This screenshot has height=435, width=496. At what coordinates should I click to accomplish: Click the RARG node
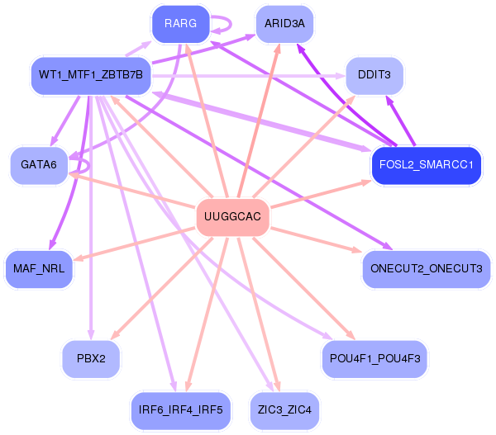coord(180,24)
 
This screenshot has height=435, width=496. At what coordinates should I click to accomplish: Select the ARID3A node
coord(284,24)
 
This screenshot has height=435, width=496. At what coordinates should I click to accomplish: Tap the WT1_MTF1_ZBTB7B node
coord(91,75)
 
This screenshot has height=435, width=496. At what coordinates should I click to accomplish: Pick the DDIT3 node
coord(374,75)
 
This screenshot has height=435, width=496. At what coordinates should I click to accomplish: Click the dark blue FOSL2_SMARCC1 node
coord(426,165)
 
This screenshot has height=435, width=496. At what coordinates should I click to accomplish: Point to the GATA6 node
coord(39,165)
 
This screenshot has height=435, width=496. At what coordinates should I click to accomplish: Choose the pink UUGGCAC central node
coord(232,217)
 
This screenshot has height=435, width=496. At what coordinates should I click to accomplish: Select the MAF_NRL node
coord(39,269)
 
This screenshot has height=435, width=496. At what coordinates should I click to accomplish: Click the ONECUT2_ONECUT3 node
coord(426,269)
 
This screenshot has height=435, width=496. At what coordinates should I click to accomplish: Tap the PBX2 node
coord(91,359)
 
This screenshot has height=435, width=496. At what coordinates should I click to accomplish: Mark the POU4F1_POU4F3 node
coord(374,359)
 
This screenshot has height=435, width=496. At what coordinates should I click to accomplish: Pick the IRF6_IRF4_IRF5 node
coord(180,410)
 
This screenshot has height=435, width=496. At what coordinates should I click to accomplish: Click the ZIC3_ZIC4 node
coord(284,410)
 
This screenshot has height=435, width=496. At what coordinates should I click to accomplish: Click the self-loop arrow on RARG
coord(231,24)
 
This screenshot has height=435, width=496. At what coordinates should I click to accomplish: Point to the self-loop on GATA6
coord(88,166)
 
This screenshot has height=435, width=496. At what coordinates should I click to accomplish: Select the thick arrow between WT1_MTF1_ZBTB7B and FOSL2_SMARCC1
coord(261,121)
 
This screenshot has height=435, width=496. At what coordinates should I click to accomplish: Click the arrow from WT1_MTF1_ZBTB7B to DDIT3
coord(248,76)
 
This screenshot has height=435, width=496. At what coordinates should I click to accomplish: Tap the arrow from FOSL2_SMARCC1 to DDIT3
coord(400,121)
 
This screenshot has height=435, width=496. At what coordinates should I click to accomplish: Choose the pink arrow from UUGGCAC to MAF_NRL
coord(134,244)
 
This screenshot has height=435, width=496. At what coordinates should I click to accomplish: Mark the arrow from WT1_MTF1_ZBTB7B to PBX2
coord(91,217)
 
